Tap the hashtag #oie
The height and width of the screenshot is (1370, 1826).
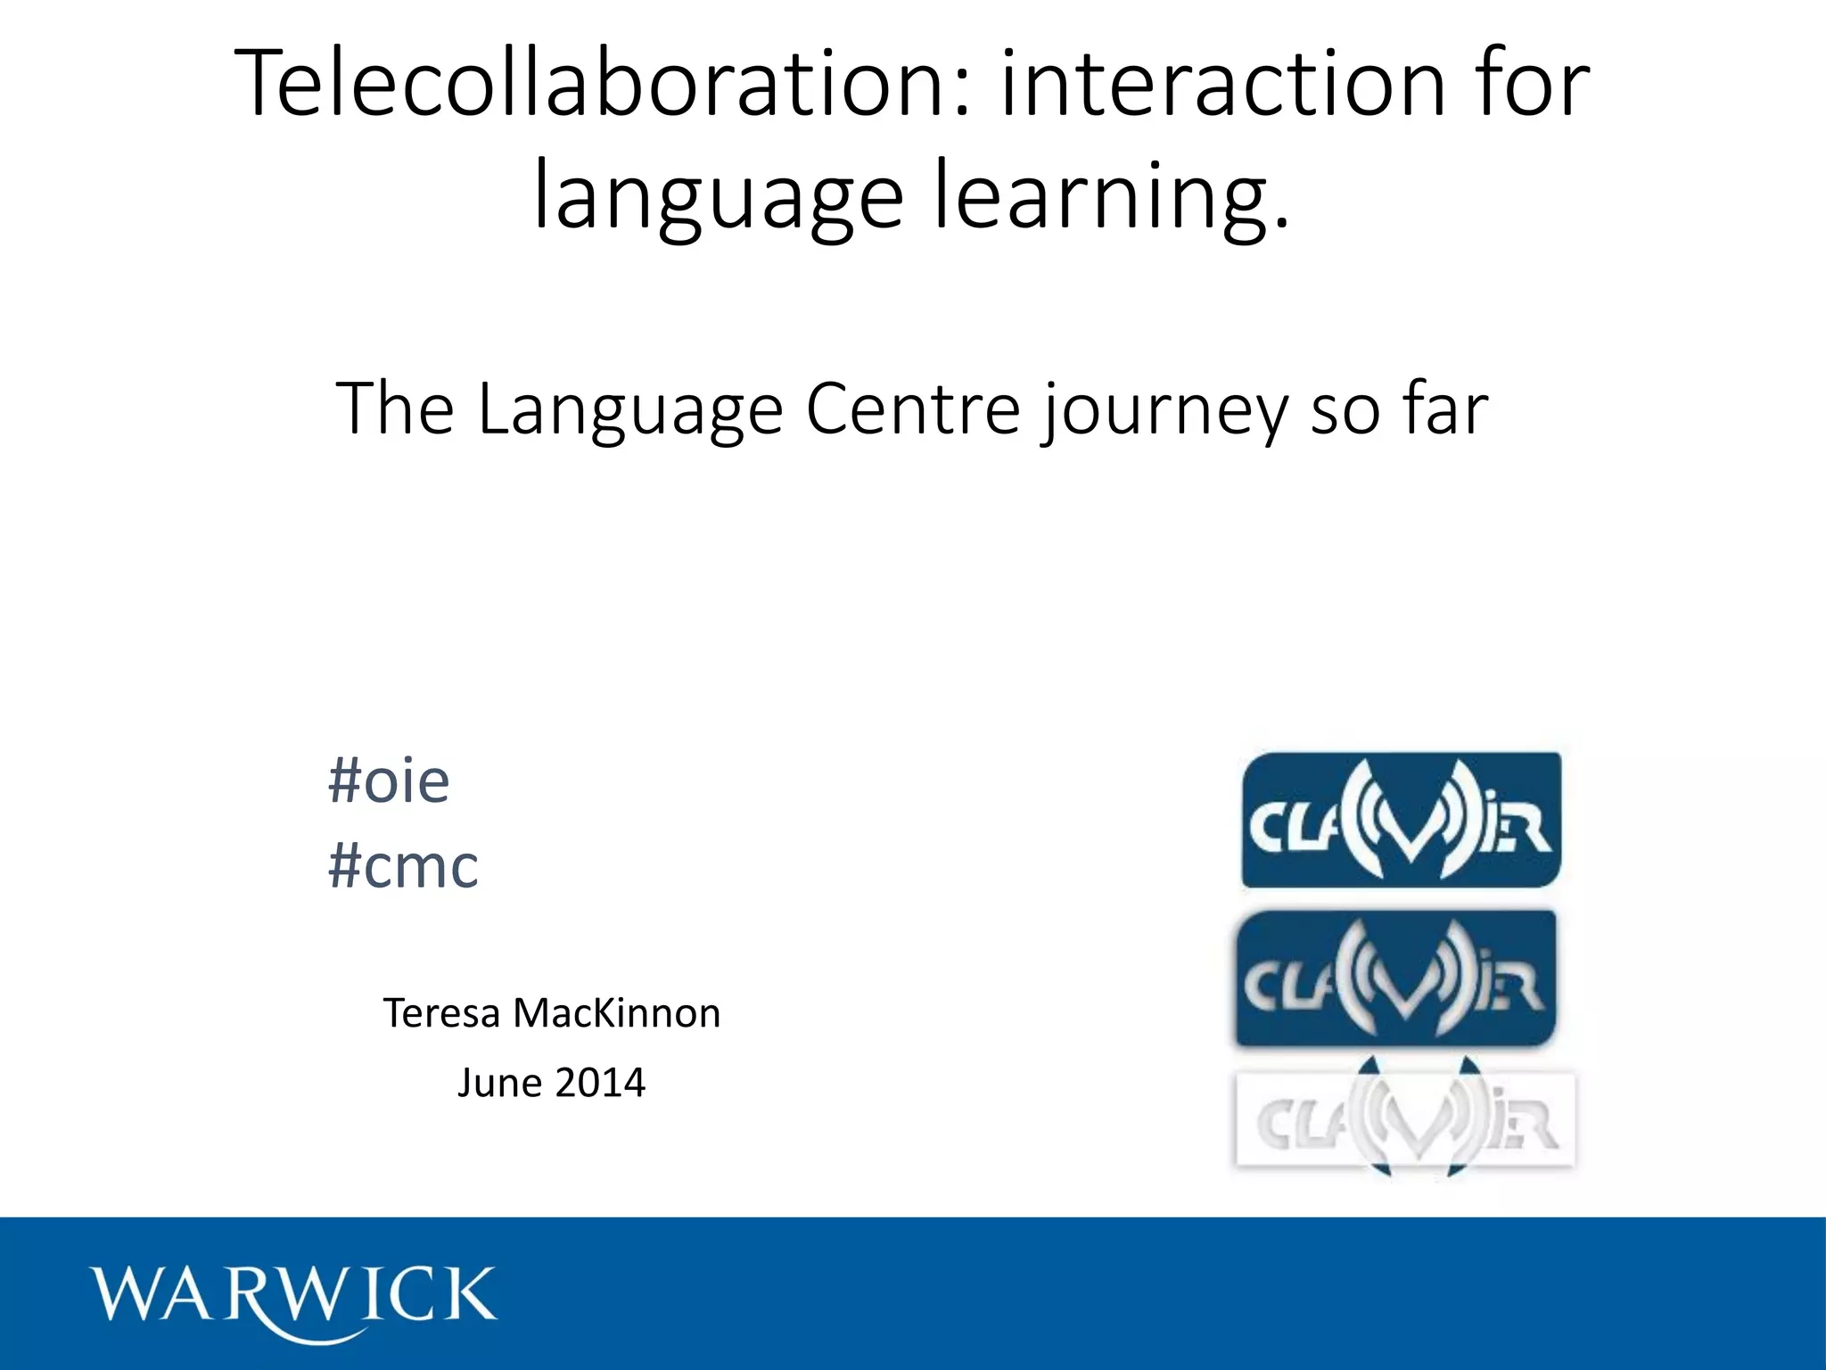pos(389,781)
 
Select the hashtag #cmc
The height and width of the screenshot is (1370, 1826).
pos(403,865)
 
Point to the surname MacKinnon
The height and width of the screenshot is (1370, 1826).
pos(616,1013)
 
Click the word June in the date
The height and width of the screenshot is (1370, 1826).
pos(499,1083)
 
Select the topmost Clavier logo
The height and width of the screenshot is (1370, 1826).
pos(1401,821)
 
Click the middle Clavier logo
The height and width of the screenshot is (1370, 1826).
pos(1395,978)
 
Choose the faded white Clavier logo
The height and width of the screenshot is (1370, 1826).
pos(1405,1119)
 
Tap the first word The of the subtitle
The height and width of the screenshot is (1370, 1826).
pos(394,409)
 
